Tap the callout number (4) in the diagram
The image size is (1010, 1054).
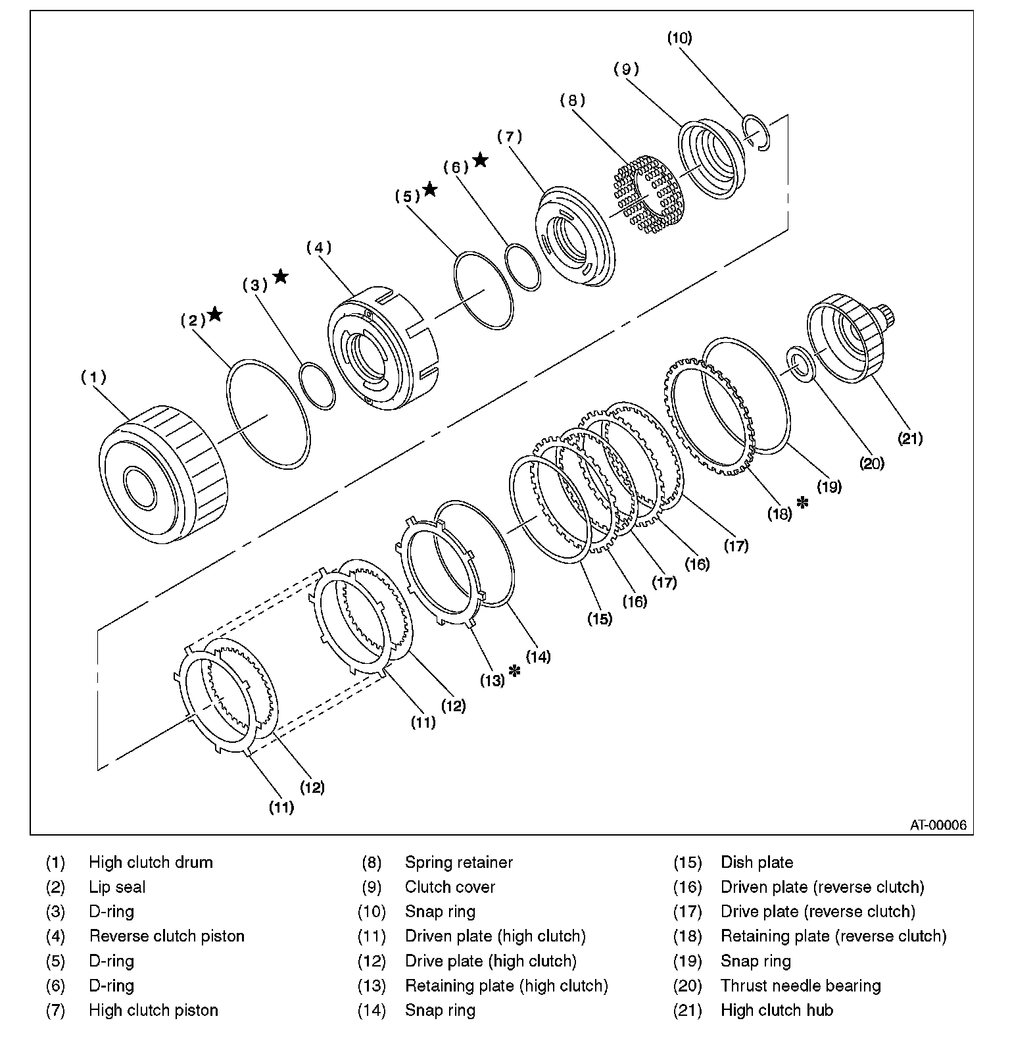click(319, 248)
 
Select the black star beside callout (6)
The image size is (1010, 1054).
click(481, 160)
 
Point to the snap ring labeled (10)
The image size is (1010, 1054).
click(756, 132)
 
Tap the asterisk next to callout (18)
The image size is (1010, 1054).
click(802, 503)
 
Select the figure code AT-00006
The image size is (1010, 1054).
click(938, 825)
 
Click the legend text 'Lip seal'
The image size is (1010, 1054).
click(117, 887)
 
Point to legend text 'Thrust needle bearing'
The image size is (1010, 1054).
click(800, 986)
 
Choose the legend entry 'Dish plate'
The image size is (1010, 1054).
click(757, 862)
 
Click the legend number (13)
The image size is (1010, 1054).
click(372, 986)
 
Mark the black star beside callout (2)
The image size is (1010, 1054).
click(214, 314)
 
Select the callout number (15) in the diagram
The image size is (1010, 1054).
click(600, 618)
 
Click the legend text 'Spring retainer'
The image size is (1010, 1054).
click(458, 862)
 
